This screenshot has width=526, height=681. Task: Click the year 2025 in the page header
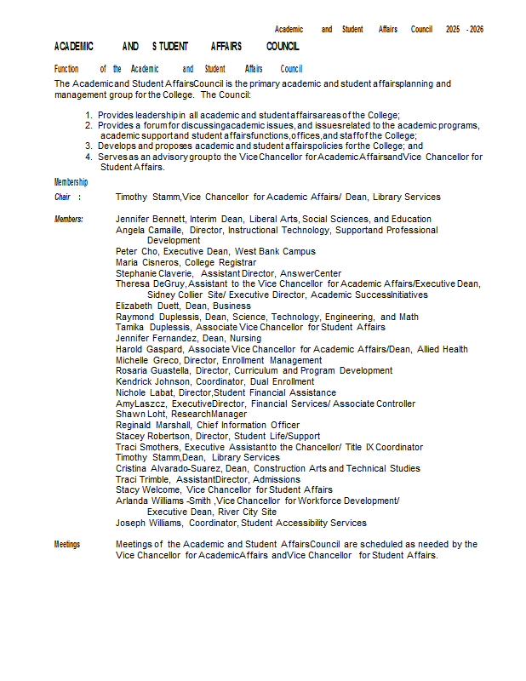pyautogui.click(x=453, y=29)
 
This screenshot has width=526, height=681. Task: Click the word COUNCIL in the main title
pyautogui.click(x=283, y=46)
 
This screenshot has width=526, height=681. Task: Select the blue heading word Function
pyautogui.click(x=66, y=68)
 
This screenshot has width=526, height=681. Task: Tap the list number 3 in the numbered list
pyautogui.click(x=89, y=146)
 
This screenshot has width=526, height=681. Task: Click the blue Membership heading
pyautogui.click(x=71, y=182)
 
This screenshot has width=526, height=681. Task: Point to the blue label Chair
pyautogui.click(x=63, y=197)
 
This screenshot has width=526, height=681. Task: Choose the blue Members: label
pyautogui.click(x=69, y=219)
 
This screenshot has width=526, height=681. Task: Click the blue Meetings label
pyautogui.click(x=67, y=544)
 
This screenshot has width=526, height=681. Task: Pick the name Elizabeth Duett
pyautogui.click(x=147, y=306)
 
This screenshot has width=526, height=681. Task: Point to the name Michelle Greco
pyautogui.click(x=146, y=360)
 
